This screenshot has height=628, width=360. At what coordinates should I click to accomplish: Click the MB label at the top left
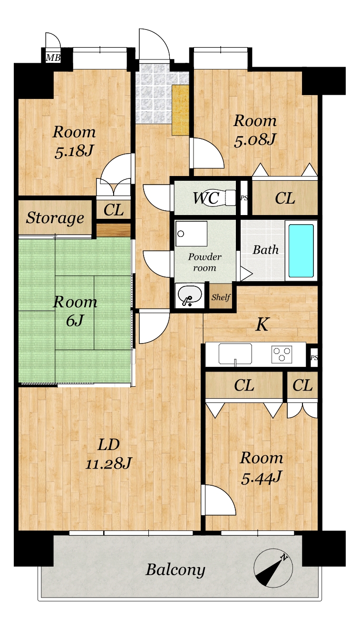pos(53,58)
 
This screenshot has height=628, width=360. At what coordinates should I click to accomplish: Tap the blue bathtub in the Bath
pos(301,251)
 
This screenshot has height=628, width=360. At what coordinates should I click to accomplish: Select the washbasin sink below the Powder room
pos(190,295)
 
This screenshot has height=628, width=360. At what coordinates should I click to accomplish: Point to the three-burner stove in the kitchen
pos(282,354)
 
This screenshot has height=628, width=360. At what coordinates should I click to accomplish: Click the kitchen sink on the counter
pos(235,354)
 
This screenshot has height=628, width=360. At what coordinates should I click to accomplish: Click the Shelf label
pos(221,297)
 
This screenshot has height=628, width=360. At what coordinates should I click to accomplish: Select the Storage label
pos(55,218)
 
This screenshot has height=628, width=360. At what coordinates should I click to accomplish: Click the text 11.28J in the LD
pos(108,464)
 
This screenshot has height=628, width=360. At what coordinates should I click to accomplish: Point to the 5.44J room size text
pos(261,479)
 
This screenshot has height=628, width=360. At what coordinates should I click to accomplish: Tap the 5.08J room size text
pos(255,140)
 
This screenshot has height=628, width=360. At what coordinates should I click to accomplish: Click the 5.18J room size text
pos(74,151)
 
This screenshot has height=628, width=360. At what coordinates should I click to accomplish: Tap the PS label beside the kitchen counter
pos(314,358)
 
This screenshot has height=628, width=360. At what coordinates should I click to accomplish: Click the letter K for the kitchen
pos(262,324)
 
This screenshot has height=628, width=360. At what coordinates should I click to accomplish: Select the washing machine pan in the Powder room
pos(191,234)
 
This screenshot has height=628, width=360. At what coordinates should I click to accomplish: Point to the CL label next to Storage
pos(114,210)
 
